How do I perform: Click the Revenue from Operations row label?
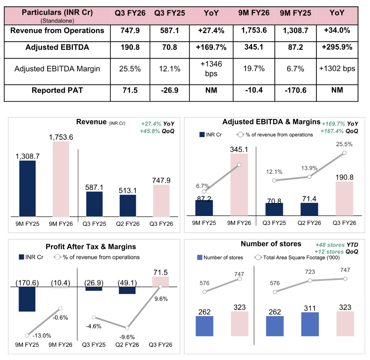point(57,31)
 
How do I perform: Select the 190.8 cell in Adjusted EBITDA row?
point(130,47)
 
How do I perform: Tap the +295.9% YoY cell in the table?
point(337,47)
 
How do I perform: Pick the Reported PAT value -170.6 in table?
point(295,90)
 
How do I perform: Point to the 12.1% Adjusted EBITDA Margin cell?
point(169,69)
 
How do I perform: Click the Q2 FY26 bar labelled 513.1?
point(128,206)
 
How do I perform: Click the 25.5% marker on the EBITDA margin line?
point(345,153)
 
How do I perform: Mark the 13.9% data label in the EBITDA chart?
point(310,168)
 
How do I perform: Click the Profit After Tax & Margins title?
point(91,247)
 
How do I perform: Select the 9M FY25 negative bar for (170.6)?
point(27,299)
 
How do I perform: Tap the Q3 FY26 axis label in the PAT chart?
point(161,345)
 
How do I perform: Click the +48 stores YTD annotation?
point(336,245)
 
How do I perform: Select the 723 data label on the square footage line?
point(310,272)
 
